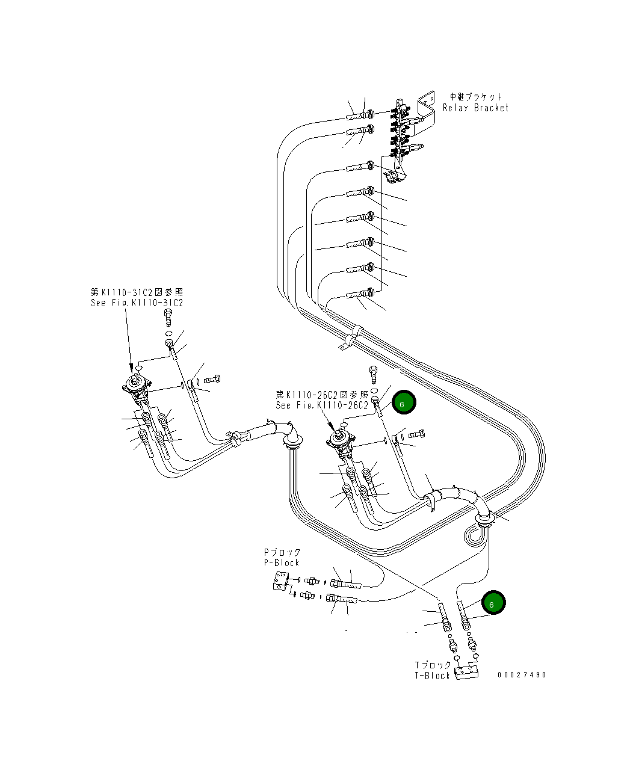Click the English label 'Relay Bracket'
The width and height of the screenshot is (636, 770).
coord(475,108)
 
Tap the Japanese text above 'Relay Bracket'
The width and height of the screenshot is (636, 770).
coord(475,96)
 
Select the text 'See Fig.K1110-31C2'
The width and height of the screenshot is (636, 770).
coord(137,303)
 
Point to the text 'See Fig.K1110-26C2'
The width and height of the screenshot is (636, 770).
coord(322,405)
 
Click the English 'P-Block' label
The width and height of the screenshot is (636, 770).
coord(281,562)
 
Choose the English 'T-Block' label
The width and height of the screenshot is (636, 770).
coord(432,676)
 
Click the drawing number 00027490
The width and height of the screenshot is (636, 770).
coord(522,675)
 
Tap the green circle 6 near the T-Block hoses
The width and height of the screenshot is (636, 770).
coord(493,603)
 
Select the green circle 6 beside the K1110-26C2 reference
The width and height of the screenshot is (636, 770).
coord(403,403)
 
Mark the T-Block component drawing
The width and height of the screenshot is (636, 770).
coord(467,671)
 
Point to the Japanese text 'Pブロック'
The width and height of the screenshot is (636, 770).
coord(282,552)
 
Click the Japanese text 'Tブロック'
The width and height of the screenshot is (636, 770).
coord(433,665)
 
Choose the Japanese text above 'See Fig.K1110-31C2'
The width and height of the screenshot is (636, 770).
coord(137,292)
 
